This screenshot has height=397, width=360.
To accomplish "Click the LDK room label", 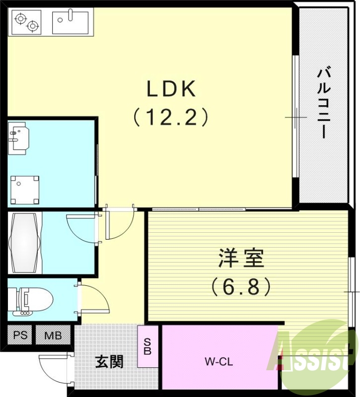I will (171, 89).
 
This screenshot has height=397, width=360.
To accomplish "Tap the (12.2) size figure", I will (171, 117).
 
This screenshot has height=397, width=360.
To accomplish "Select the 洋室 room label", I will (241, 259).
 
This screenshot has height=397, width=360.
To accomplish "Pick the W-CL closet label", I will (218, 362).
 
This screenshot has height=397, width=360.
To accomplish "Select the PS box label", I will (20, 335).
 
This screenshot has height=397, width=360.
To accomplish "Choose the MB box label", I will (53, 335).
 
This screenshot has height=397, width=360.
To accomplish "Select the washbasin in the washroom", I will (20, 137).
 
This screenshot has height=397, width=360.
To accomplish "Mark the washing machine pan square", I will (25, 188).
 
